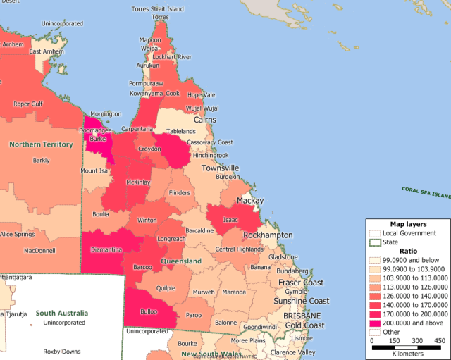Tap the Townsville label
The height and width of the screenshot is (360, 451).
[x=221, y=168]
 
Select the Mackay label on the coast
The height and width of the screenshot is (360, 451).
[x=249, y=201]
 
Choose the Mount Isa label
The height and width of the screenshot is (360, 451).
[x=94, y=171]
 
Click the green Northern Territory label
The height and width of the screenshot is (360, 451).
[x=41, y=144]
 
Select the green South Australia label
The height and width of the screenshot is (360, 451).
[x=62, y=312]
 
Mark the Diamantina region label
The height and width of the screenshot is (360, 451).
[x=106, y=249]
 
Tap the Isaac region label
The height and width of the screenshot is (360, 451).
[x=228, y=219]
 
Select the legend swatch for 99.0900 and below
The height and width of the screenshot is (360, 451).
[x=374, y=259]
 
